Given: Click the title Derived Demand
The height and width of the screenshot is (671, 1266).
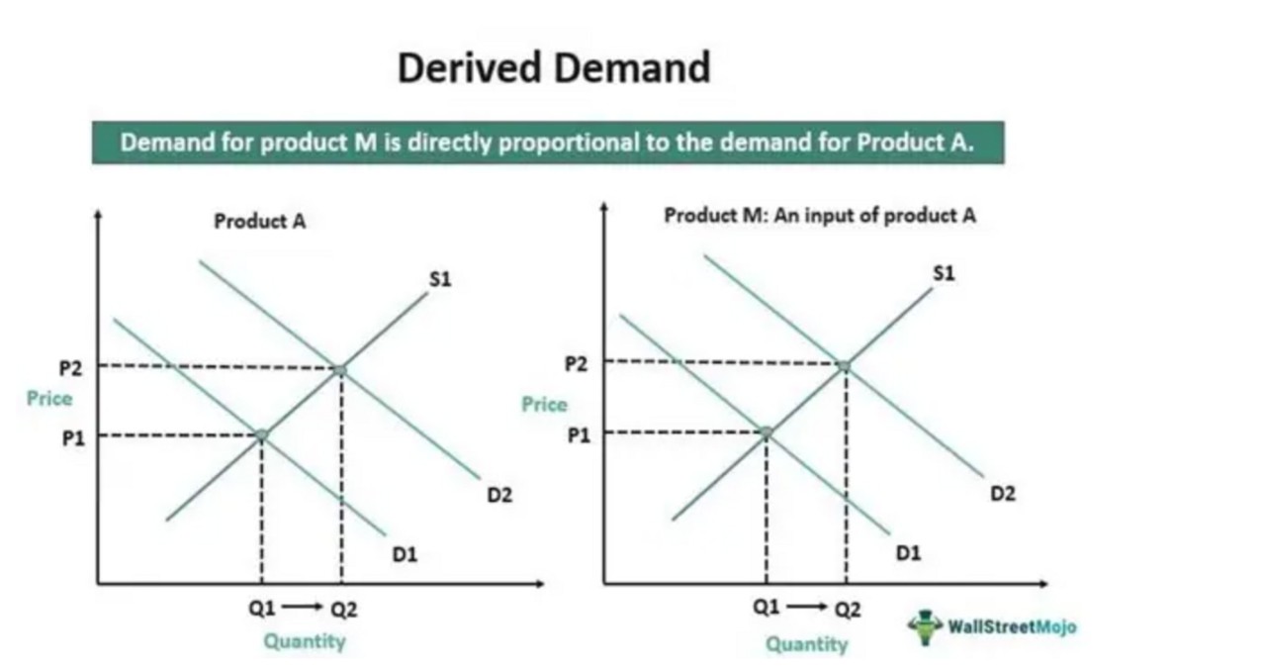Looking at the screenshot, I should pos(554,68).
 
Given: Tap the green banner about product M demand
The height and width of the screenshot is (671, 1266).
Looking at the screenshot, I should pos(547,143).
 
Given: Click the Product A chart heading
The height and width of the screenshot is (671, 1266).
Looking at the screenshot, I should pos(260,222).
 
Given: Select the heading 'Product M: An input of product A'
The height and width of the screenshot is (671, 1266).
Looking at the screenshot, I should pos(819,216).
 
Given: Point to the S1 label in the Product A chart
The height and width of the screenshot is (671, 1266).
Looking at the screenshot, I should pos(440,280).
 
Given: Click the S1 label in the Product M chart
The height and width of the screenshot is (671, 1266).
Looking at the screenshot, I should pos(944,273).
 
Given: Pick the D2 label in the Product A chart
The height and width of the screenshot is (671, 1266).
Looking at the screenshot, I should pos(499,495).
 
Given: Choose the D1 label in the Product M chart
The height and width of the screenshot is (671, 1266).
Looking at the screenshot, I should pos(908,554).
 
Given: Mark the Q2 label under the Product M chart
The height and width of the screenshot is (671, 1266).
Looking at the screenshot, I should pos(847,610).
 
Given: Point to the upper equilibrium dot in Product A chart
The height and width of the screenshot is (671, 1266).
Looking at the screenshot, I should pos(340,370).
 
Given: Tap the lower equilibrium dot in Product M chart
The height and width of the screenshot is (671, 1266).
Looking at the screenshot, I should pos(766,432).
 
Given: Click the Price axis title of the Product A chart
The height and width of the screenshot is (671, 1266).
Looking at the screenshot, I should pos(49,399).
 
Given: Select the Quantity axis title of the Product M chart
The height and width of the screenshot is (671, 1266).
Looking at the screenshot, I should pos(807,644).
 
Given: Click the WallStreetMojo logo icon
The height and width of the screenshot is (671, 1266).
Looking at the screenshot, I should pos(926,626).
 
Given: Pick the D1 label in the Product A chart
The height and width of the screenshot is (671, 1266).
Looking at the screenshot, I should pos(405,555).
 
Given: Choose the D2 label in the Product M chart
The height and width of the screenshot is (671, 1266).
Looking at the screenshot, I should pos(1003,493).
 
